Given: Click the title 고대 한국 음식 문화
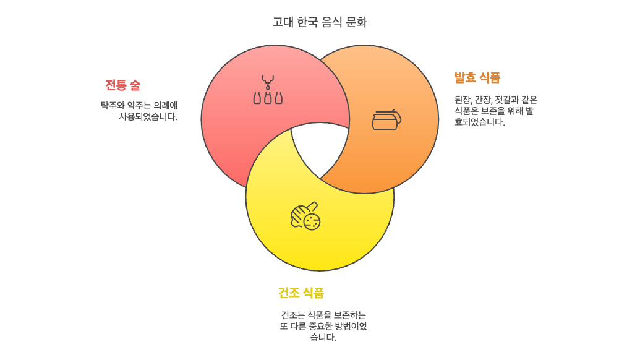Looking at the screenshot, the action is tap(320, 22).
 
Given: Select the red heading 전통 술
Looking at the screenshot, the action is tap(122, 85).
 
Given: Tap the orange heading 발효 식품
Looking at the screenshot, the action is tap(477, 78).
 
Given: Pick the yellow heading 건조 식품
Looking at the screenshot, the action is tap(301, 293).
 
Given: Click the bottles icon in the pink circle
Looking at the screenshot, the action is tap(268, 90).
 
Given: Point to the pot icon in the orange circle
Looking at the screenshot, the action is tap(386, 119).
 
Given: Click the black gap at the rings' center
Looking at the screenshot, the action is tap(320, 148).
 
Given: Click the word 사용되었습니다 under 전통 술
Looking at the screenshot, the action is tap(148, 116).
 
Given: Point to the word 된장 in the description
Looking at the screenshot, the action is tap(463, 99).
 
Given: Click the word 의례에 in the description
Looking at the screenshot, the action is tap(165, 105).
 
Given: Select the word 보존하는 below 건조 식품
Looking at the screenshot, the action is tap(350, 315).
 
